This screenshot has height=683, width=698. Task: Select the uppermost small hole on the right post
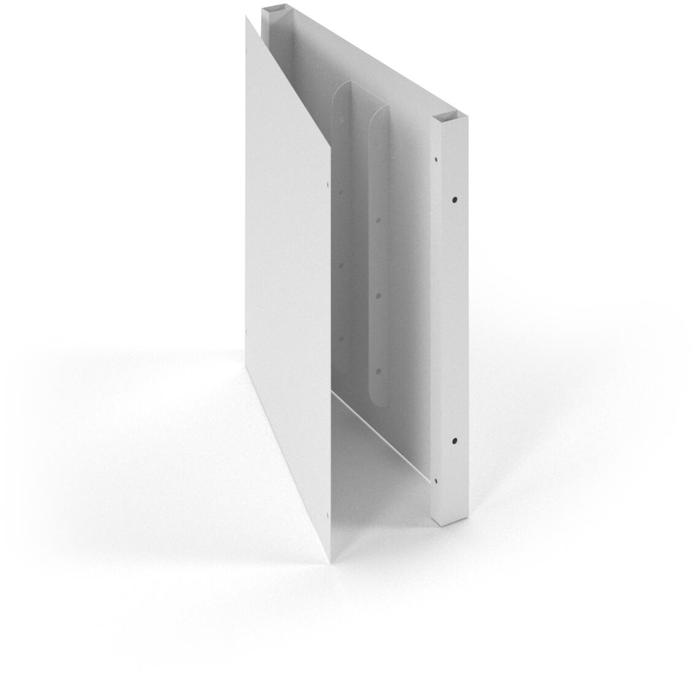[x=435, y=159]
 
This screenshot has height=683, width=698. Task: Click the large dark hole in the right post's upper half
[x=454, y=199]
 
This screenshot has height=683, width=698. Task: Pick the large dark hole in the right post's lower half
[x=454, y=440]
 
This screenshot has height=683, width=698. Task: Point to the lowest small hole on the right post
[x=436, y=481]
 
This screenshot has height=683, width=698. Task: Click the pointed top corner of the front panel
[x=247, y=18]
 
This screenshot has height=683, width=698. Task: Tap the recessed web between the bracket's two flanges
[x=359, y=245]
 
